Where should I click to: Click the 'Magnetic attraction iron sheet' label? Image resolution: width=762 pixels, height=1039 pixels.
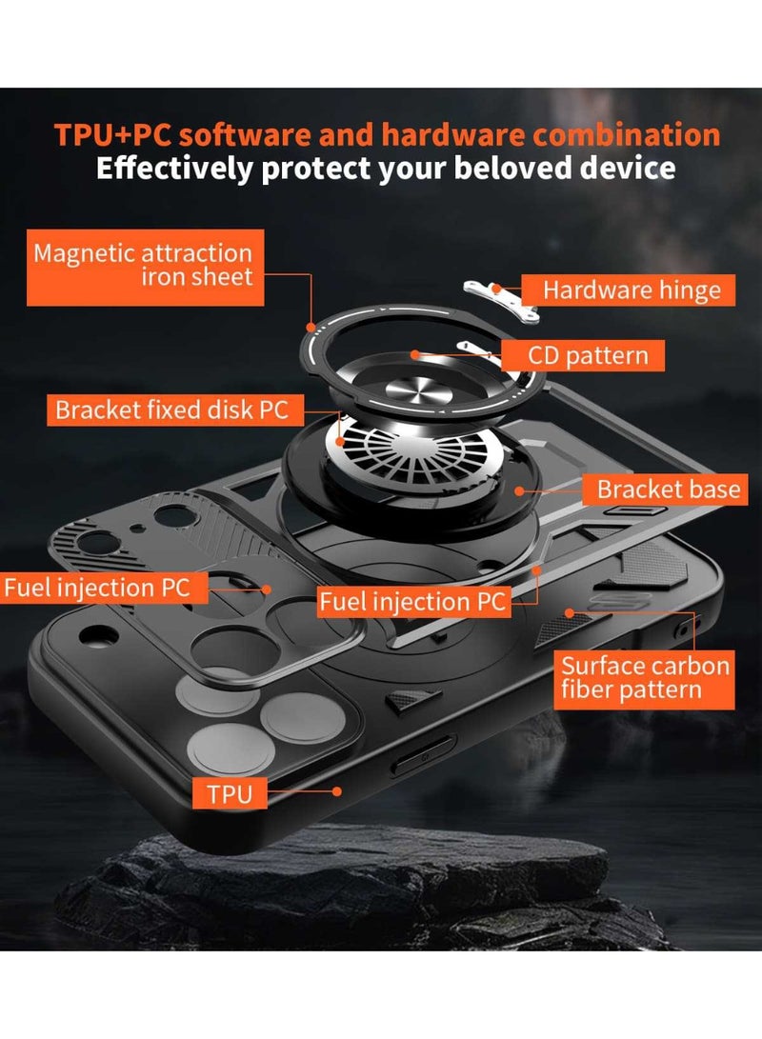[143, 265]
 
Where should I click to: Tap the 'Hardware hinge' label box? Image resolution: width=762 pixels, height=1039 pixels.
[632, 290]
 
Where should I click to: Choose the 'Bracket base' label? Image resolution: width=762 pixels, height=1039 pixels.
[668, 490]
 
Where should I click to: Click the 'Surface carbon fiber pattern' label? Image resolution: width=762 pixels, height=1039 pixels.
[645, 677]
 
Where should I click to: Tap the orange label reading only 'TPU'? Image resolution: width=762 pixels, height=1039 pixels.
[231, 792]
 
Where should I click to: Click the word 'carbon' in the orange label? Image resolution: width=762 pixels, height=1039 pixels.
[683, 665]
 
